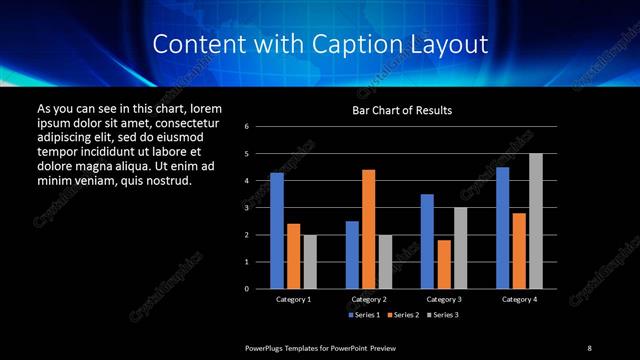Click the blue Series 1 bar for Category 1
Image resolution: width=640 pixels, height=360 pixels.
pyautogui.click(x=277, y=231)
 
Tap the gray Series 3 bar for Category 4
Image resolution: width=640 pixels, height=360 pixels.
pyautogui.click(x=536, y=221)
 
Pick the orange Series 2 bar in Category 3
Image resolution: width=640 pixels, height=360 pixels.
pyautogui.click(x=443, y=264)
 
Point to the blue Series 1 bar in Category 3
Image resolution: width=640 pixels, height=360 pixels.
pyautogui.click(x=427, y=241)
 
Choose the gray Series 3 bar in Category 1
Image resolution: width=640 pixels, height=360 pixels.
pyautogui.click(x=310, y=262)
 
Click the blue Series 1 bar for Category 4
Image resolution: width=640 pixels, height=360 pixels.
pyautogui.click(x=503, y=228)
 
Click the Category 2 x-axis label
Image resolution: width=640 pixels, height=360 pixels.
pyautogui.click(x=368, y=299)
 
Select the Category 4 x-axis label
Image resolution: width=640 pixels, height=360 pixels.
pyautogui.click(x=519, y=299)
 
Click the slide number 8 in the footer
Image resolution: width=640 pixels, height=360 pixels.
pyautogui.click(x=589, y=347)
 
